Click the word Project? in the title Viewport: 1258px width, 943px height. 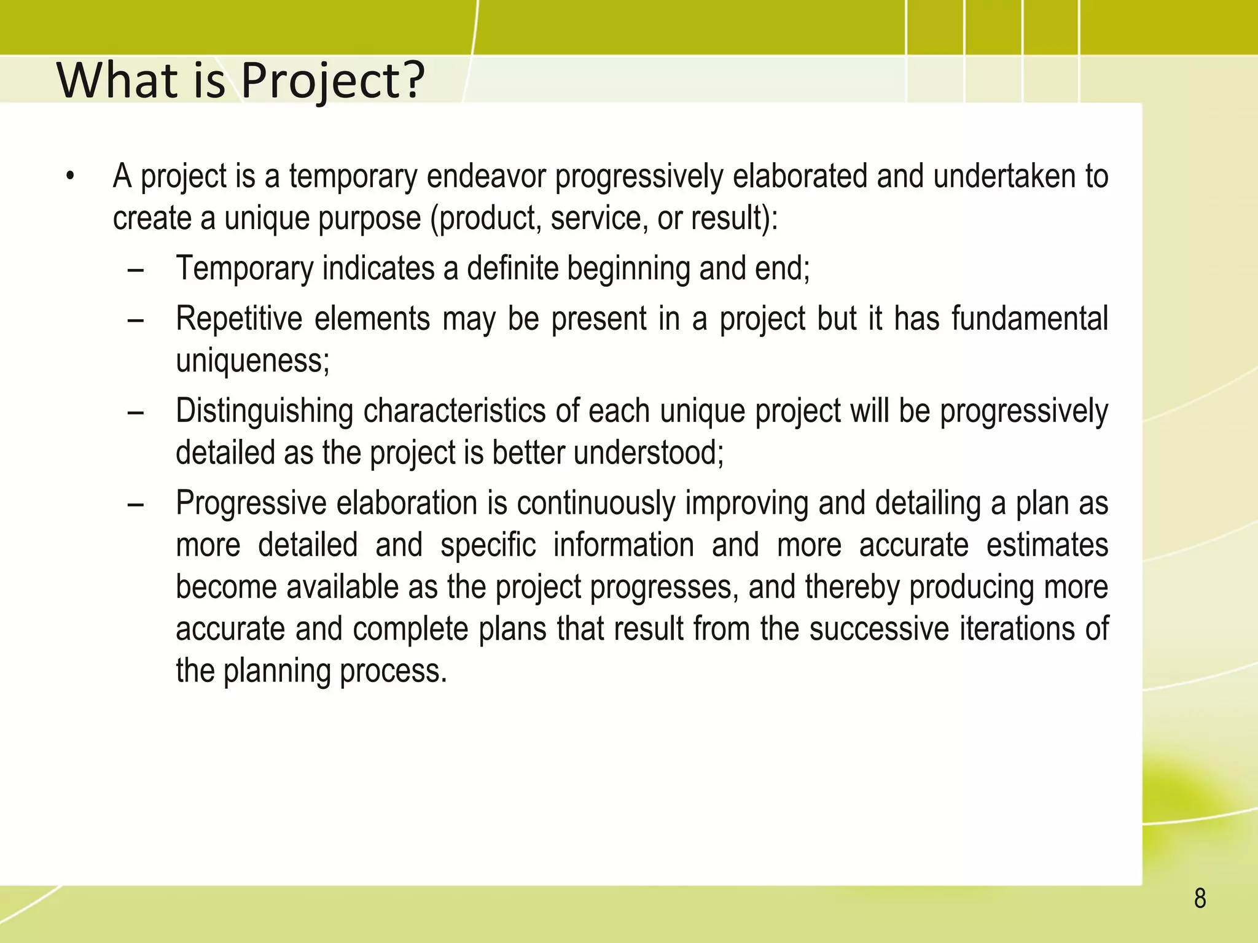pyautogui.click(x=332, y=80)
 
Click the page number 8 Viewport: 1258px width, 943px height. pyautogui.click(x=1200, y=899)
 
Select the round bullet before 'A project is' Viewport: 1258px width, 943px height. pyautogui.click(x=71, y=177)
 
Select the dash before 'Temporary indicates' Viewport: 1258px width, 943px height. pyautogui.click(x=136, y=270)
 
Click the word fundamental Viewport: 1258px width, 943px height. pyautogui.click(x=1029, y=319)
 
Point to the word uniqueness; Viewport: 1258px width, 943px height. pyautogui.click(x=252, y=361)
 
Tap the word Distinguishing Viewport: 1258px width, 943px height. pyautogui.click(x=264, y=411)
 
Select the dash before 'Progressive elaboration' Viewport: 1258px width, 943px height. pyautogui.click(x=136, y=505)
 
